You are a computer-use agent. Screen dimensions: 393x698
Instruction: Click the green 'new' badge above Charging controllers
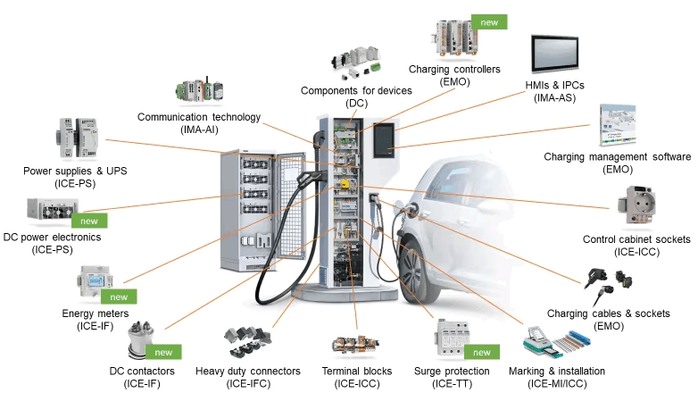click(x=489, y=21)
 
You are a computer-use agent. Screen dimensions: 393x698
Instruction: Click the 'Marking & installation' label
click(x=556, y=371)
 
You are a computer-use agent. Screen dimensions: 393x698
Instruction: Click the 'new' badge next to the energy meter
click(x=119, y=297)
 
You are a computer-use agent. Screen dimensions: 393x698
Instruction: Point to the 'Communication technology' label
click(x=199, y=117)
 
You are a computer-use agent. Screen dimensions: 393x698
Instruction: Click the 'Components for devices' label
click(x=356, y=91)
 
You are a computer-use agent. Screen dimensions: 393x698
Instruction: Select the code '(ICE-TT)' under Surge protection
click(x=452, y=383)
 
